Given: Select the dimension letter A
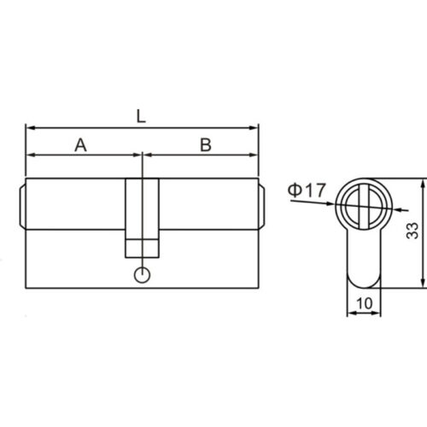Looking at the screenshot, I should [81, 145].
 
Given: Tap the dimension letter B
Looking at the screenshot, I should [205, 145].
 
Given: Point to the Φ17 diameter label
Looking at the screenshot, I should [307, 190].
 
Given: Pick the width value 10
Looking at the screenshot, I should [365, 303].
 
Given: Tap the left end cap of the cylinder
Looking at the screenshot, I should [22, 205].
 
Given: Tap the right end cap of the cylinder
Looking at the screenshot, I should [261, 205].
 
